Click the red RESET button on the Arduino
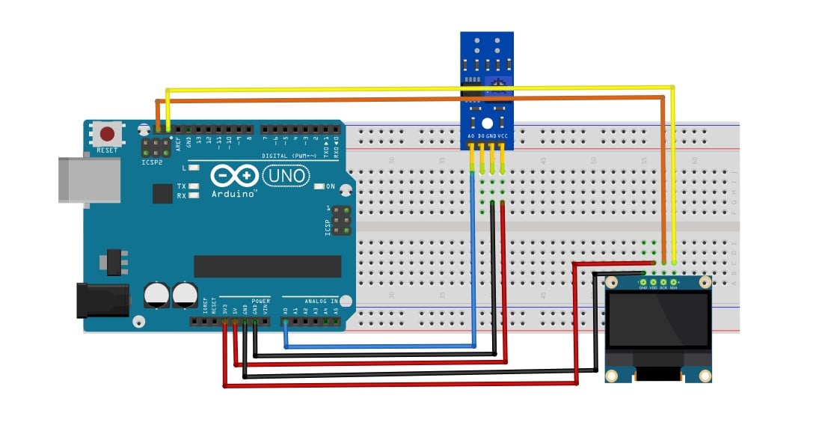pos(108,135)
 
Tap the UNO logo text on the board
pos(285,175)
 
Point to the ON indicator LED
pos(319,186)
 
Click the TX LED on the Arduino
pos(194,186)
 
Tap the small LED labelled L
pos(194,169)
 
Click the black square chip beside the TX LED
pos(162,194)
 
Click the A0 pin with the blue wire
pos(285,322)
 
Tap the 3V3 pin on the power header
pos(224,322)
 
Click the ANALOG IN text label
pos(322,301)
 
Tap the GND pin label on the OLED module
pos(642,287)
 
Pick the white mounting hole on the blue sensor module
pos(487,123)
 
